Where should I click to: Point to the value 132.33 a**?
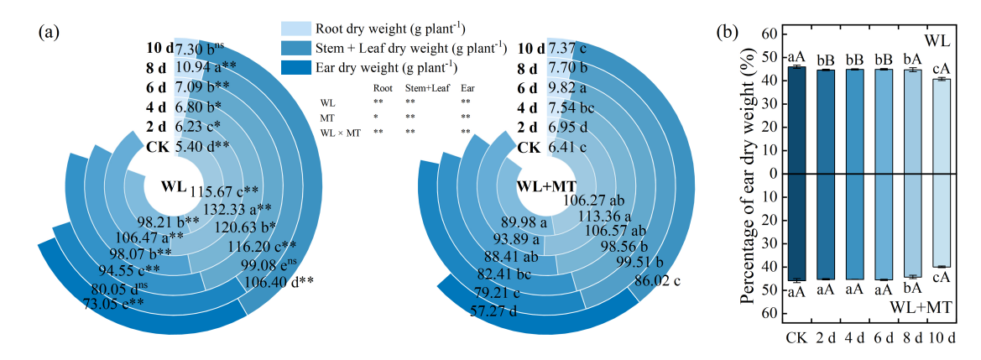click(242, 210)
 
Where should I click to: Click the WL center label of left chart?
click(173, 185)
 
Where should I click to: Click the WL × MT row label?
click(340, 133)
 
